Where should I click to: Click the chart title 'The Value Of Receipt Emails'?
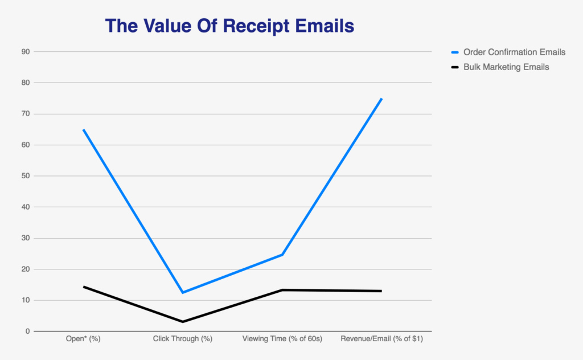click(x=229, y=26)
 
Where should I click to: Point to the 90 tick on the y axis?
click(x=26, y=52)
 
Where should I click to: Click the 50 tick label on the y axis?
click(x=26, y=176)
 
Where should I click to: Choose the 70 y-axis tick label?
click(x=26, y=114)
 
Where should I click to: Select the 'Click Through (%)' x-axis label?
click(x=182, y=339)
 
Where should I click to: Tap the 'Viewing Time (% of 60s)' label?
click(x=282, y=339)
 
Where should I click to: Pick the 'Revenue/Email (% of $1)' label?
click(x=381, y=339)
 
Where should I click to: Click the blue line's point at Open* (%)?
click(x=84, y=130)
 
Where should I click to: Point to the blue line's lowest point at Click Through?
click(x=183, y=292)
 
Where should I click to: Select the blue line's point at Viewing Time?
click(x=282, y=255)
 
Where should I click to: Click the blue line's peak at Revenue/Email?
click(x=381, y=99)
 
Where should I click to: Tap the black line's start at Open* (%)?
click(x=84, y=287)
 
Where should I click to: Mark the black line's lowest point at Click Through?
click(x=183, y=322)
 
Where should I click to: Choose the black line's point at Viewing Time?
click(x=282, y=290)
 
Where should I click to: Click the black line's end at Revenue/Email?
click(x=381, y=291)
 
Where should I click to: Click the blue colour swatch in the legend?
click(x=454, y=52)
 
